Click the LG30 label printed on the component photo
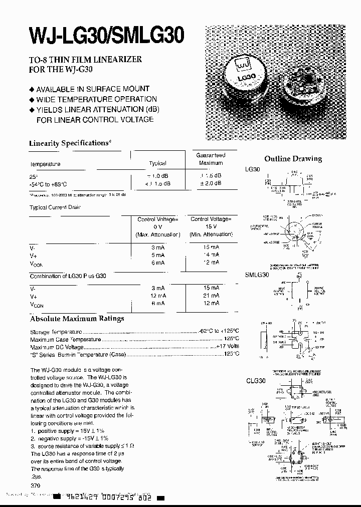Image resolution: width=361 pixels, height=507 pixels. click(247, 78)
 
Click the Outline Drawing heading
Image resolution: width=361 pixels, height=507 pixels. click(293, 159)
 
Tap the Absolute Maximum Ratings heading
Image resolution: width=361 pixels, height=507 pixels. click(77, 319)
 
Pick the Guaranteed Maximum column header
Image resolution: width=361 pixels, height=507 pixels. click(211, 159)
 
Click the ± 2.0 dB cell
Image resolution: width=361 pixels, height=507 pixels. click(211, 183)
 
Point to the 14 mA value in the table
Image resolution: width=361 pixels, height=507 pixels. click(211, 255)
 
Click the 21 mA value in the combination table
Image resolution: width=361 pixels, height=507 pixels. click(211, 296)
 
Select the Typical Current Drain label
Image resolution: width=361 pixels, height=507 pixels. click(55, 207)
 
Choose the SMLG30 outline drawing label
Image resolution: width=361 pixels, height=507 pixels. click(257, 275)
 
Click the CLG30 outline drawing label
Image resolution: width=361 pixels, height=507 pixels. click(255, 380)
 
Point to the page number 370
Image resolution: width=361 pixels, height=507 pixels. click(35, 486)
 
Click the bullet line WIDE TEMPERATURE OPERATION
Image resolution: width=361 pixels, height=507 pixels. click(96, 99)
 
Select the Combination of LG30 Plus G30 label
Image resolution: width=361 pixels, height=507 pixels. click(68, 276)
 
